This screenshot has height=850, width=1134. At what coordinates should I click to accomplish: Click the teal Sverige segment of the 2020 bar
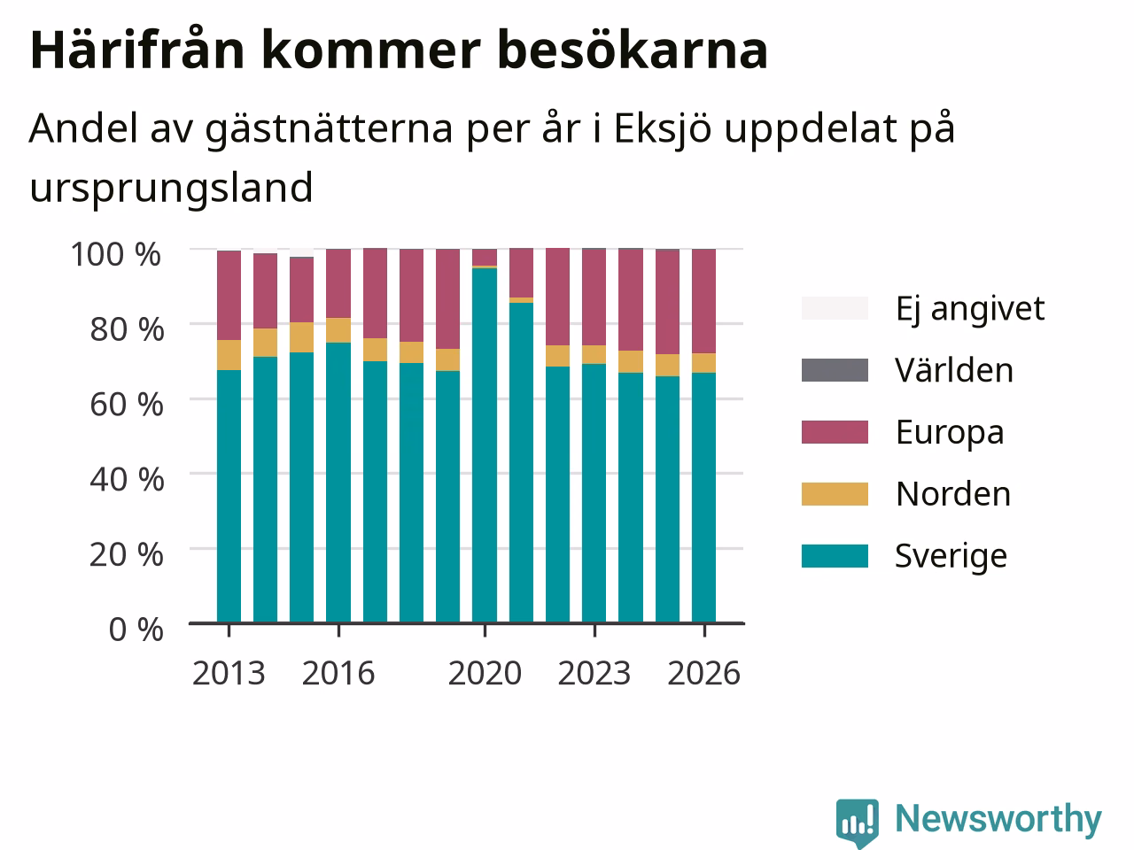[485, 445]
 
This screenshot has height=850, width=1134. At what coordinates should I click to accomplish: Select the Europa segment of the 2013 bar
[229, 295]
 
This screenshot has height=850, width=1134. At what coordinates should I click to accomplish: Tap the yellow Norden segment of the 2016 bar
[338, 330]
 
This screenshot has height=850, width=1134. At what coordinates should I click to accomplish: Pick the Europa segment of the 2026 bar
[703, 301]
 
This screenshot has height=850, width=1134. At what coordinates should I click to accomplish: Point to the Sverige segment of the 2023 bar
[594, 493]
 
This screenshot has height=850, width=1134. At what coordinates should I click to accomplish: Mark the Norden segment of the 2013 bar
[229, 355]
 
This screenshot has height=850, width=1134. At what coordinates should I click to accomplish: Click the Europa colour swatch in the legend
[835, 432]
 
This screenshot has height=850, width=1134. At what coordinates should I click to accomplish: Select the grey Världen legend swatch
[835, 370]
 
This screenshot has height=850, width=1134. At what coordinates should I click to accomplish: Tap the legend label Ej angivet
[970, 310]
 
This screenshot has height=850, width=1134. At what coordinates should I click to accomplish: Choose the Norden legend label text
[953, 494]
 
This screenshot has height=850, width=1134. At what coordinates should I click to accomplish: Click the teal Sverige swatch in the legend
[835, 556]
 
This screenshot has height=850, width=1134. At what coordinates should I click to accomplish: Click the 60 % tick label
[127, 405]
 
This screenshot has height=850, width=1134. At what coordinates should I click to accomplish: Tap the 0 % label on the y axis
[136, 630]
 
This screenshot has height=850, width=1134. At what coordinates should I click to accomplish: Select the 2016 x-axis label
[338, 674]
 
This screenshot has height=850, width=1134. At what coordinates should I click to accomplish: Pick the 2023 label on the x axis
[594, 674]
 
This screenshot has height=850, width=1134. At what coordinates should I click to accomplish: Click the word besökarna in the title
[633, 50]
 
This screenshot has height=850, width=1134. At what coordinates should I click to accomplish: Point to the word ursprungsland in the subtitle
[171, 189]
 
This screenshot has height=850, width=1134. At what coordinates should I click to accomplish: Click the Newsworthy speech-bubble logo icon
[858, 822]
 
